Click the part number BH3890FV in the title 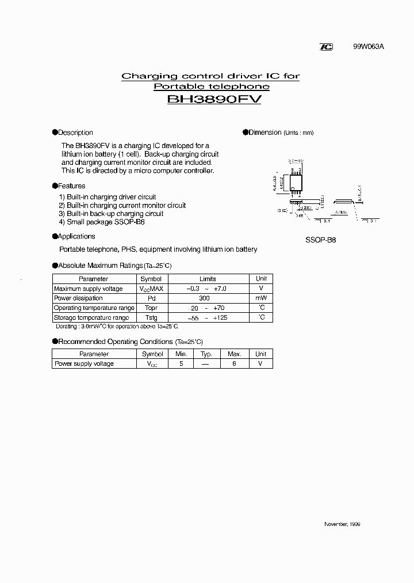click(x=214, y=100)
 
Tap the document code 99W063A click(x=368, y=48)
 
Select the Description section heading click(x=75, y=132)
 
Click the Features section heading click(x=72, y=186)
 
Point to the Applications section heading click(x=76, y=236)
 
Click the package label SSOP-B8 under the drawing click(x=321, y=240)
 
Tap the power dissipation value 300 click(x=205, y=298)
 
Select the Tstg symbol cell click(x=151, y=317)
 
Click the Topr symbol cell click(x=151, y=308)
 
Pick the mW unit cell click(x=261, y=298)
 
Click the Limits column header click(x=208, y=279)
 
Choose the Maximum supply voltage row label click(x=88, y=289)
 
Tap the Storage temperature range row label click(x=91, y=317)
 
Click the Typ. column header click(x=206, y=354)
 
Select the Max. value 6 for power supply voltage click(x=234, y=364)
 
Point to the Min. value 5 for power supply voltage click(x=181, y=364)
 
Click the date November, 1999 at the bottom click(x=343, y=524)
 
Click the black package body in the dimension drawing click(x=296, y=182)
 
